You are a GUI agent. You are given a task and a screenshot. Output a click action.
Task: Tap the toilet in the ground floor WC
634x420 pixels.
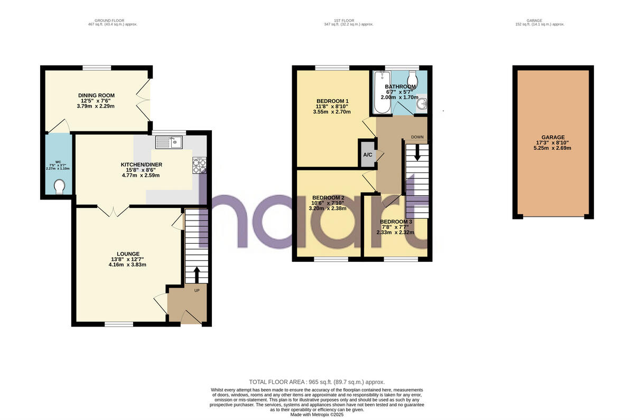click(60, 186)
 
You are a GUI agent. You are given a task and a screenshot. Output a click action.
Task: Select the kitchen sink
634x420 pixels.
click(169, 142)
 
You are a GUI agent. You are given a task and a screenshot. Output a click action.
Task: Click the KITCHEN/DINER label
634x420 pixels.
click(141, 165)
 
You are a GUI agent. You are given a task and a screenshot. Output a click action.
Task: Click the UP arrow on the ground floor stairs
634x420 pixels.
click(197, 274)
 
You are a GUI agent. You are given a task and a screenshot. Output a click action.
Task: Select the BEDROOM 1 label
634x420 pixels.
click(332, 101)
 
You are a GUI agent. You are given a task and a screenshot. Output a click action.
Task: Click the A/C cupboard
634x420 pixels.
click(367, 155)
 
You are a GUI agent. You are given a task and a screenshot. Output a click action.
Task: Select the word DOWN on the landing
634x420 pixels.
click(417, 137)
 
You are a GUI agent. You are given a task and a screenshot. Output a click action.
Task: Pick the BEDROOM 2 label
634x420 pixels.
click(328, 198)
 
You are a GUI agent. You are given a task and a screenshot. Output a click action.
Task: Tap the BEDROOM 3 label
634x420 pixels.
click(396, 222)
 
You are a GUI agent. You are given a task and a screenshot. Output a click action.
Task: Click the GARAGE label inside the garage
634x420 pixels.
click(553, 137)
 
